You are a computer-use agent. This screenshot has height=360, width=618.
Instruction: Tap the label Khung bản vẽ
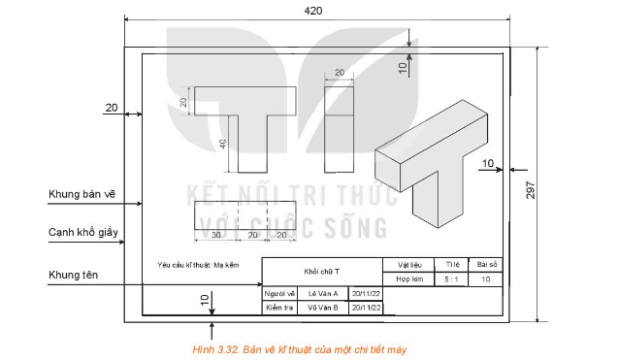81,194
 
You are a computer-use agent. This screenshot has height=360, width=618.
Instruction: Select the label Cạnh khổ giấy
86,233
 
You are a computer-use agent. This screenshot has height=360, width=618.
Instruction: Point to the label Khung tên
73,276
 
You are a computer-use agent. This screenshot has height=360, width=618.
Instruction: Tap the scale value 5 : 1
451,278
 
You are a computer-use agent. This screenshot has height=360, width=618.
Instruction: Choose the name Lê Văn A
322,293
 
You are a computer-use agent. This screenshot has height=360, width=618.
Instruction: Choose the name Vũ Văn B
322,308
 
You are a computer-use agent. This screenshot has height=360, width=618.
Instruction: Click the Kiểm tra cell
279,308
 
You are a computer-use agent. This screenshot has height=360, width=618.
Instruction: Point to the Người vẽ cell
279,293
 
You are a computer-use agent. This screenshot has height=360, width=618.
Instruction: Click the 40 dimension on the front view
222,143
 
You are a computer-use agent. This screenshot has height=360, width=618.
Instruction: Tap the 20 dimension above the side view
341,73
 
